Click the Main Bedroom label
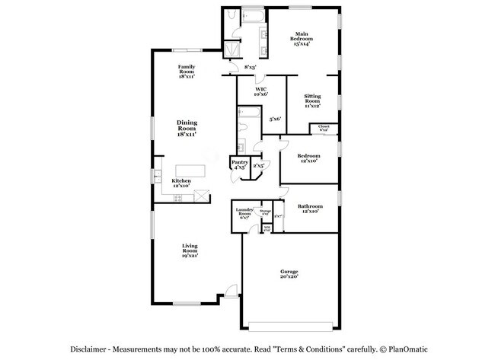pos(303,37)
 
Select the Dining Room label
pos(187,127)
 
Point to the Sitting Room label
pos(311,98)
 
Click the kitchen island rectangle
pos(193,171)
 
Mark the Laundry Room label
pos(244,212)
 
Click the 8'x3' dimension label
pos(250,68)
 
